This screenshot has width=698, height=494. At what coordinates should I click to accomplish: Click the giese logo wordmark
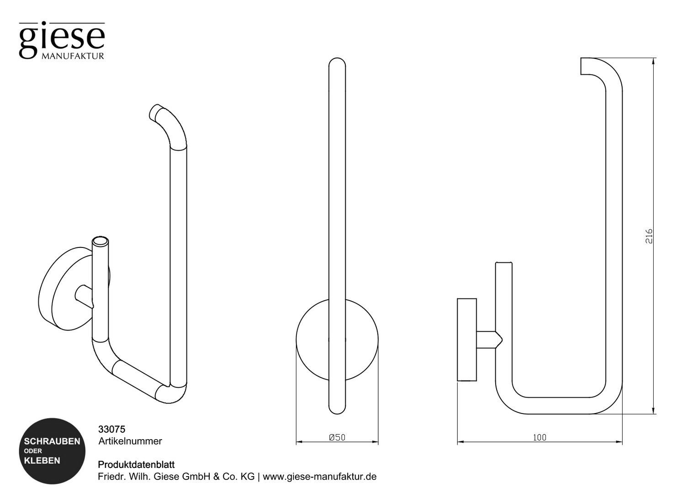click(x=62, y=40)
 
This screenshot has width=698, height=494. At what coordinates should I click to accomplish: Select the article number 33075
click(x=111, y=430)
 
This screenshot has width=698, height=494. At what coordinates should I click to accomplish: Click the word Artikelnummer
click(x=130, y=441)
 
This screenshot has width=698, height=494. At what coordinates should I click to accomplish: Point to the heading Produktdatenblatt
click(x=136, y=465)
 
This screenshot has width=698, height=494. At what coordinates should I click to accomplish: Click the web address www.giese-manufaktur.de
click(x=320, y=477)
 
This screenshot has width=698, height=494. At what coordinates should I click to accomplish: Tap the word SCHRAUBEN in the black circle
click(x=52, y=441)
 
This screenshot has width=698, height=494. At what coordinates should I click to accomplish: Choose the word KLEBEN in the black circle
click(x=42, y=461)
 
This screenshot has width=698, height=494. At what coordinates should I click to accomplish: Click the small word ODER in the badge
click(x=33, y=451)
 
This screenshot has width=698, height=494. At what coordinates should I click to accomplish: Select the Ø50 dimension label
click(x=337, y=438)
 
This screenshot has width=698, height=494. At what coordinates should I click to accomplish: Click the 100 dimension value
click(x=539, y=438)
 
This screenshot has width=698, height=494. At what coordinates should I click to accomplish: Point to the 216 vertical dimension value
click(x=649, y=236)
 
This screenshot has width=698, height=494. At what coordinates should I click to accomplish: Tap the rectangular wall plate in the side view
click(x=467, y=339)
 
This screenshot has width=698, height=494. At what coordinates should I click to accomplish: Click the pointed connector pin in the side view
click(x=490, y=339)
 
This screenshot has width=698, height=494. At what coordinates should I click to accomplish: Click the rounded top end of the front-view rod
click(x=337, y=62)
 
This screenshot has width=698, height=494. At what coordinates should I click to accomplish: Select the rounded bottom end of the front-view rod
click(x=337, y=409)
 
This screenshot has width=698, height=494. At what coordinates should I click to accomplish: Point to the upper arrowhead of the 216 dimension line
click(x=653, y=61)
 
